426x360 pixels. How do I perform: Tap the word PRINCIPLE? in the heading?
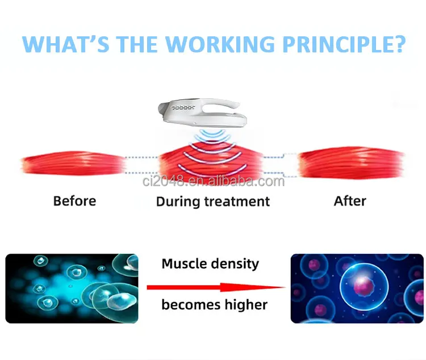[344, 44]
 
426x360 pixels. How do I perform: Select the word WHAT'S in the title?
[65, 44]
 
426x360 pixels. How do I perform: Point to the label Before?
[75, 201]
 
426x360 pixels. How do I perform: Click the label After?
[350, 201]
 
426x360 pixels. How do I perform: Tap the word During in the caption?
[178, 202]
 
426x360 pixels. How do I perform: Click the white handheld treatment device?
[202, 112]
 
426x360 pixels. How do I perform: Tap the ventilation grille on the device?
[183, 107]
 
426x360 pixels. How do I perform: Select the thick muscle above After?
[351, 162]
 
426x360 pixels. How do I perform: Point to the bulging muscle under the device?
[211, 162]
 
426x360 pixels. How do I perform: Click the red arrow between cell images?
[216, 287]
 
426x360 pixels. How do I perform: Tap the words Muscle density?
[210, 264]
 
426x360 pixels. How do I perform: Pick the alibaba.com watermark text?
[214, 181]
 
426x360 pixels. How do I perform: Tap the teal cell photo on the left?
[72, 288]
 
